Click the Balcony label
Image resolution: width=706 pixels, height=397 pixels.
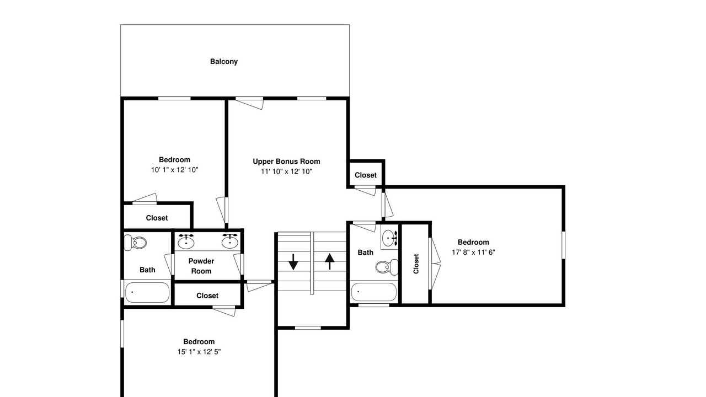pyautogui.click(x=224, y=61)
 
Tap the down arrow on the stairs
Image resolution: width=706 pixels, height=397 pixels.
pyautogui.click(x=293, y=262)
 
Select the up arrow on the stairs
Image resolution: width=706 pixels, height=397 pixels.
pyautogui.click(x=330, y=261)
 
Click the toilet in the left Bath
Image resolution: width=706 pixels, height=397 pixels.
pyautogui.click(x=136, y=243)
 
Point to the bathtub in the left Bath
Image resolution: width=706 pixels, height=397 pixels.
pyautogui.click(x=147, y=292)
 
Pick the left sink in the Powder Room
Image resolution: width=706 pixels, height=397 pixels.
pyautogui.click(x=186, y=242)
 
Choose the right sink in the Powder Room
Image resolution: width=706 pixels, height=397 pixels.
pyautogui.click(x=230, y=242)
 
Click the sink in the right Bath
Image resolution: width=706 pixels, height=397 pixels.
pyautogui.click(x=390, y=238)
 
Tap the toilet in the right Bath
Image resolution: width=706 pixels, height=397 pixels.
pyautogui.click(x=387, y=267)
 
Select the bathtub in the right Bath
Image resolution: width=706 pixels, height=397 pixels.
pyautogui.click(x=373, y=292)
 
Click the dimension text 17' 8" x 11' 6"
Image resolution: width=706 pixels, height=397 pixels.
pyautogui.click(x=473, y=253)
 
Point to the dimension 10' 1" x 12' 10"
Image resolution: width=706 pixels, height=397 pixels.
pyautogui.click(x=175, y=170)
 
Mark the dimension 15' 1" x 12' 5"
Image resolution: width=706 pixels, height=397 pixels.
pyautogui.click(x=199, y=352)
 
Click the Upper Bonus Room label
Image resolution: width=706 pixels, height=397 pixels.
pyautogui.click(x=286, y=162)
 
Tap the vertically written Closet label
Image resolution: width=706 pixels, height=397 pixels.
pyautogui.click(x=416, y=264)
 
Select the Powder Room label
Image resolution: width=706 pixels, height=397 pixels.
pyautogui.click(x=201, y=266)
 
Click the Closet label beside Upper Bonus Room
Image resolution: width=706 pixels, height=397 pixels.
pyautogui.click(x=366, y=175)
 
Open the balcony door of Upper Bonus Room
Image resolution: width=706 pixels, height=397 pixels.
pyautogui.click(x=249, y=103)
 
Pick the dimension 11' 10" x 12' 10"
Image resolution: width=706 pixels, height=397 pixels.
pyautogui.click(x=286, y=171)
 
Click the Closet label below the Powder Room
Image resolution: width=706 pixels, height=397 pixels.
pyautogui.click(x=207, y=296)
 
